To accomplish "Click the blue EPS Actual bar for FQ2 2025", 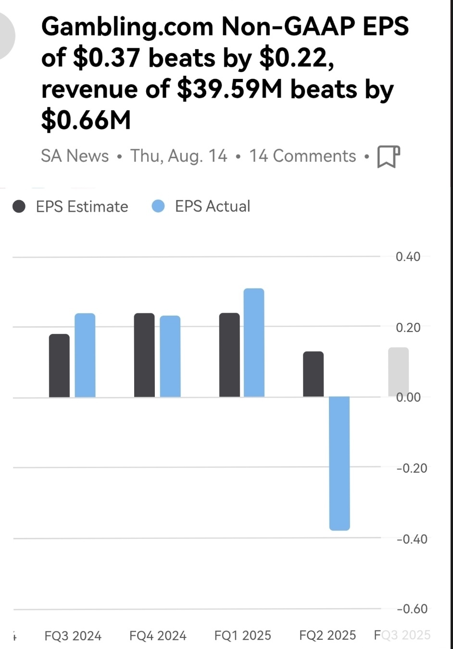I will click(x=340, y=463).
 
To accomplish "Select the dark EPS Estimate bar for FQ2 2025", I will click(x=313, y=374).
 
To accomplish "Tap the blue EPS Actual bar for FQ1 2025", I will click(x=254, y=343).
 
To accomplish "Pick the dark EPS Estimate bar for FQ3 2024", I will click(x=59, y=366).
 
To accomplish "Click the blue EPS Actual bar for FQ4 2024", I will click(x=170, y=356).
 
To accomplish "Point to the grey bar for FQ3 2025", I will click(x=398, y=372).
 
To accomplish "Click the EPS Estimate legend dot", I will click(x=19, y=206).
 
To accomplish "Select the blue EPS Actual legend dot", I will click(x=158, y=206).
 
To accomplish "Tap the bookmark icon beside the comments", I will click(x=389, y=156).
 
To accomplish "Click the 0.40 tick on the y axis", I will click(x=408, y=256).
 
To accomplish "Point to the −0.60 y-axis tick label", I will click(x=412, y=609).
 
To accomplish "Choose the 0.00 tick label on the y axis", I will click(x=408, y=397).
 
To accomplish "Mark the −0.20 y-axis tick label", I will click(x=412, y=468).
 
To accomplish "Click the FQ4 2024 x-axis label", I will click(x=158, y=636).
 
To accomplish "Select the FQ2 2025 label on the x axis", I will click(x=327, y=636).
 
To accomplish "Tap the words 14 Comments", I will click(x=302, y=156).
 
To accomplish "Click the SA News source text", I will click(x=75, y=156).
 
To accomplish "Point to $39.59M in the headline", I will click(x=229, y=89).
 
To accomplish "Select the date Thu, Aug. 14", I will click(x=179, y=156).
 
